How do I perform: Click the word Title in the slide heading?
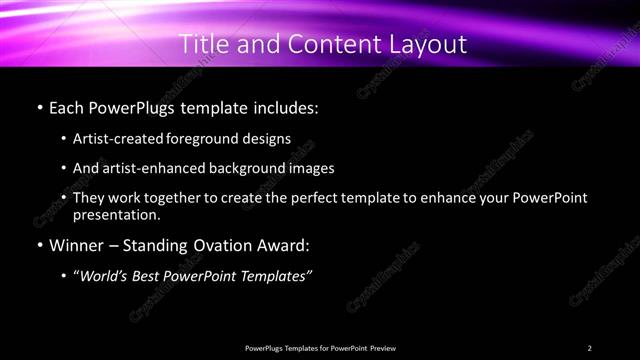pyautogui.click(x=204, y=44)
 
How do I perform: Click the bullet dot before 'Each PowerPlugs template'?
pyautogui.click(x=38, y=106)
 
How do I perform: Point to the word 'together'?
pyautogui.click(x=176, y=198)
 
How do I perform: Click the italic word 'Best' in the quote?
pyautogui.click(x=151, y=276)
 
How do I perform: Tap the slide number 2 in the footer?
pyautogui.click(x=589, y=348)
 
